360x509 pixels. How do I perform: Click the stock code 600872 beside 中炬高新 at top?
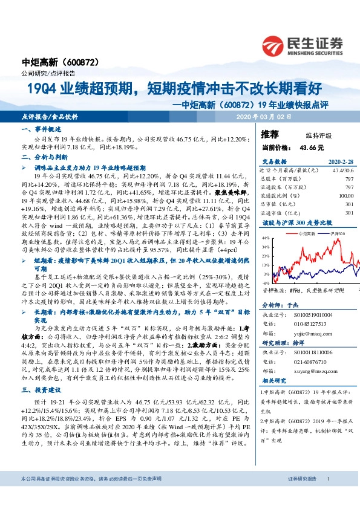coord(77,62)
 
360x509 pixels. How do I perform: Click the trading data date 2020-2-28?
coord(341,162)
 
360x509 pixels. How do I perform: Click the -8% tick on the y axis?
coord(266,282)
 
